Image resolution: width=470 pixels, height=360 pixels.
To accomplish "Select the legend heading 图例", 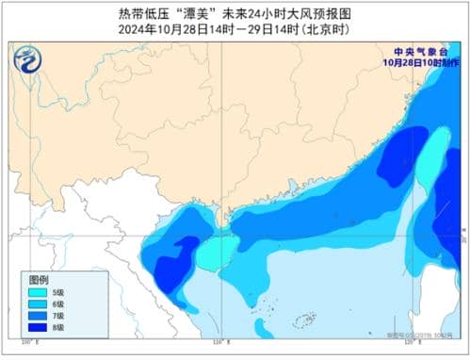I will pos(38,281).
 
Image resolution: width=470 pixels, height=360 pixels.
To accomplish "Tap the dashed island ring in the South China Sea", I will pos(303,322).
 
